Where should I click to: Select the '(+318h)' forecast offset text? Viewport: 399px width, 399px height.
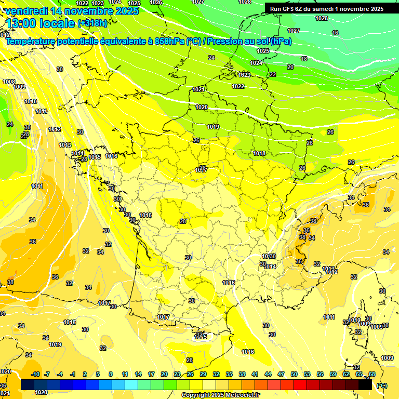(93, 23)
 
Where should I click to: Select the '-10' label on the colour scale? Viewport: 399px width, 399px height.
(35, 374)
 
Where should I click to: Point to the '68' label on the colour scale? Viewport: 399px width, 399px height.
(372, 374)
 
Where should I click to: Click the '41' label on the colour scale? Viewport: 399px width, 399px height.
(255, 374)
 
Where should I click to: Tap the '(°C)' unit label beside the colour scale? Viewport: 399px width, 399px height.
(382, 385)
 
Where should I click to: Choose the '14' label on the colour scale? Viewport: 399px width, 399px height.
(138, 374)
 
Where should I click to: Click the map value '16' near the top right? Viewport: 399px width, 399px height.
(335, 33)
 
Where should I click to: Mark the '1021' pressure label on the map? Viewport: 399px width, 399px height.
(198, 89)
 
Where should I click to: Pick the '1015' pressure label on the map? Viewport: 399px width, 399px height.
(95, 157)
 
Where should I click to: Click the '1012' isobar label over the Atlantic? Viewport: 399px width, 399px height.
(55, 129)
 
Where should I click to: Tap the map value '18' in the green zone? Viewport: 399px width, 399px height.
(304, 59)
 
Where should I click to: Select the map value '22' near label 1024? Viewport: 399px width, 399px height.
(273, 74)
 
